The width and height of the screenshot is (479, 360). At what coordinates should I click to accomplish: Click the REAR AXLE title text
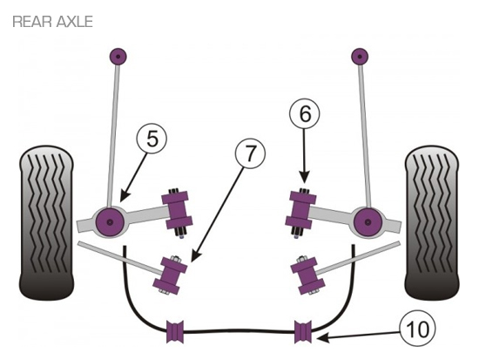coord(52,22)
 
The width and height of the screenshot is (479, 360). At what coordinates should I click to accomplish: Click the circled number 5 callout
coord(152,139)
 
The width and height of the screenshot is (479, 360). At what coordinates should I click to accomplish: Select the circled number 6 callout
coord(305,114)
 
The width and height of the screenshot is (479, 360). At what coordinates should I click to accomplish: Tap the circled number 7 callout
coord(250,153)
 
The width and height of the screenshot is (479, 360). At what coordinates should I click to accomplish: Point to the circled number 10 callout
coord(417,329)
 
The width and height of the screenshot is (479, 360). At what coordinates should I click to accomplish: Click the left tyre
coord(46,222)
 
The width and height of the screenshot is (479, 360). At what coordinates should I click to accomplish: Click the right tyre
coord(432,222)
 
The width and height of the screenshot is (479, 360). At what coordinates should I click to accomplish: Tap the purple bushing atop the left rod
coord(118,57)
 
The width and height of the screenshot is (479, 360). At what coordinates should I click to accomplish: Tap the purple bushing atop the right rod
coord(360,57)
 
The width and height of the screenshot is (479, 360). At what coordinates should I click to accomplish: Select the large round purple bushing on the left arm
coord(110,221)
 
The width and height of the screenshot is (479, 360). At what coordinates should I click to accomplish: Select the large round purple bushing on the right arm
coord(368,221)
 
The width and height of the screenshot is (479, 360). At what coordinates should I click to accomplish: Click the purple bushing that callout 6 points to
coord(300,210)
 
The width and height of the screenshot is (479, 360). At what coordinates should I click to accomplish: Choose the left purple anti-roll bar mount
coord(175,331)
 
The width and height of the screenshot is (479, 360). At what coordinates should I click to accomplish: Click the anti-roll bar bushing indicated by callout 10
coord(303,331)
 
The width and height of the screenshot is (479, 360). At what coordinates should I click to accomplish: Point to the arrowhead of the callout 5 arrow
coord(122,199)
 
